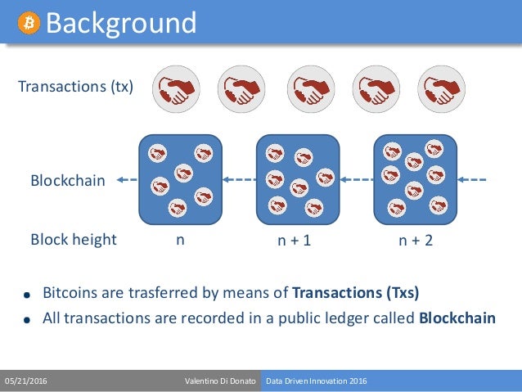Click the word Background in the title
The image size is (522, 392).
120,22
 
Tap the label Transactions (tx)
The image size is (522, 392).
76,86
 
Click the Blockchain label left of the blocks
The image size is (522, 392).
68,180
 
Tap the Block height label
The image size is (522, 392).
74,240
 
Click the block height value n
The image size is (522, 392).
180,240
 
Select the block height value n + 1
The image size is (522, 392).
295,241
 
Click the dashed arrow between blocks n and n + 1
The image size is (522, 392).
240,180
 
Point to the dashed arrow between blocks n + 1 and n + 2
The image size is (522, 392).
357,180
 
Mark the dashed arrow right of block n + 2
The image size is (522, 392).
474,180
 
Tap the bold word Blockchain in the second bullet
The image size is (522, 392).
457,318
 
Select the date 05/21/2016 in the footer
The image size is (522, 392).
26,381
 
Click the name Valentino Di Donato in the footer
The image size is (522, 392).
220,381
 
